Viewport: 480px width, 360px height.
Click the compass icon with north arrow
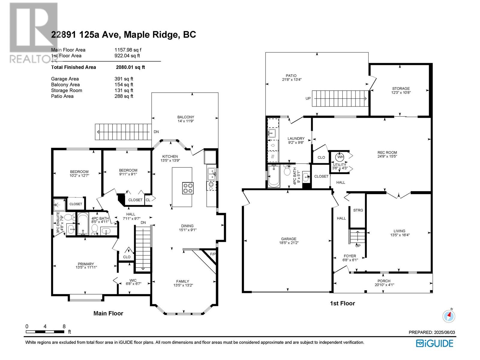(x=449, y=316)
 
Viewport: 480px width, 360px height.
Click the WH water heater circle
(x=340, y=157)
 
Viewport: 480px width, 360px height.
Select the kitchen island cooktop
(x=188, y=188)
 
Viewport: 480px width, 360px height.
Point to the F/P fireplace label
(x=213, y=254)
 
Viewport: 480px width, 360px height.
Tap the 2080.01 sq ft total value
(x=130, y=67)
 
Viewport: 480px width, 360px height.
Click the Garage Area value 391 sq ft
(x=124, y=79)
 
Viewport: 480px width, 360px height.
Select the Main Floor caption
(x=108, y=313)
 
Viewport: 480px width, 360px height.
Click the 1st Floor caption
(x=343, y=303)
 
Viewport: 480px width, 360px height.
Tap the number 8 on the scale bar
(x=64, y=327)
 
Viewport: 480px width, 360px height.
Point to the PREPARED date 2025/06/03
(x=444, y=332)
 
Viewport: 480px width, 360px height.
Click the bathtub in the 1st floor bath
(x=274, y=176)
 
